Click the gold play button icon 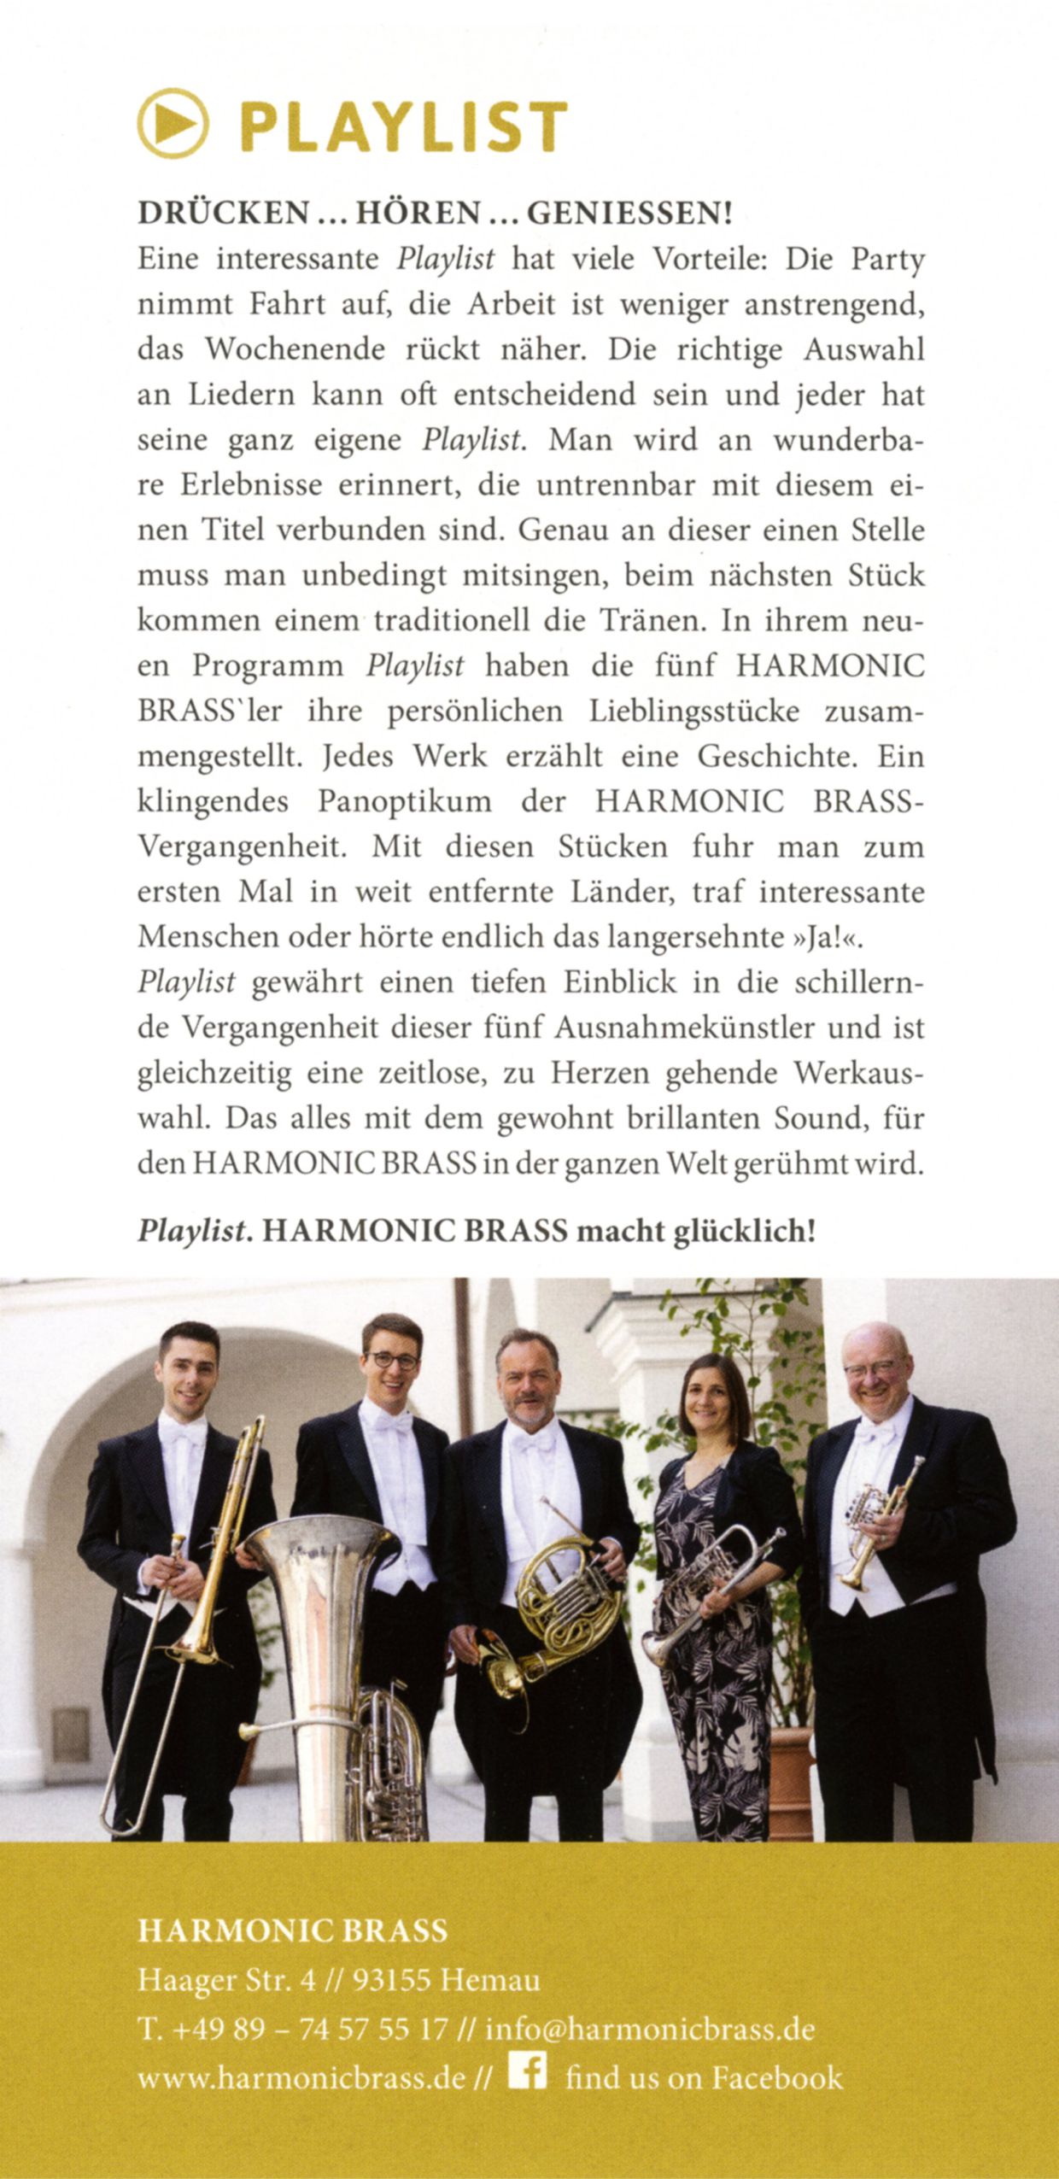click(x=173, y=124)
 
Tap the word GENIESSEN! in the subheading click(x=630, y=213)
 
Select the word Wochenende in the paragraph click(x=295, y=350)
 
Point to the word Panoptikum click(x=405, y=802)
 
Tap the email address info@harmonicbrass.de click(x=650, y=2029)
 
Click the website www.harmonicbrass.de click(x=301, y=2077)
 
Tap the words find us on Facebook click(x=704, y=2077)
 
